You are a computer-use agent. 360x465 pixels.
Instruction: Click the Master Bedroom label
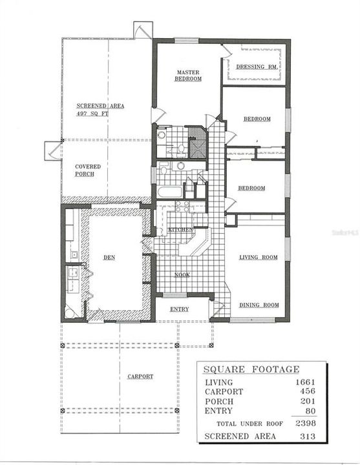point(188,76)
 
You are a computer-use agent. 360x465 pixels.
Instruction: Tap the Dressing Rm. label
point(257,67)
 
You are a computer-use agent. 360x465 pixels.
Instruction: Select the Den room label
point(109,256)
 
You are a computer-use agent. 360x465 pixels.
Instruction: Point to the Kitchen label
point(180,230)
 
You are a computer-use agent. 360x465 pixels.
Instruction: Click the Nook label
point(182,274)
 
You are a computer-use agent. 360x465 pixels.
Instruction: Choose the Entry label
point(179,309)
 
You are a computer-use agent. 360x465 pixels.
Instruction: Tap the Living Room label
point(259,257)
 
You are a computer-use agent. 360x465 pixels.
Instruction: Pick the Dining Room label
point(259,305)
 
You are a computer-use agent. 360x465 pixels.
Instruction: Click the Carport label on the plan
point(140,376)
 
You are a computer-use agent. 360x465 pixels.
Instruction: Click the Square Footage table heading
point(251,369)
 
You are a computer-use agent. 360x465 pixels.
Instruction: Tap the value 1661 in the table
point(302,382)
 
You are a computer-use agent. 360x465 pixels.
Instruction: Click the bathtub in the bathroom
point(169,192)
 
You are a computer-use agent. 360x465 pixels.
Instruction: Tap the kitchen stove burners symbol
point(182,207)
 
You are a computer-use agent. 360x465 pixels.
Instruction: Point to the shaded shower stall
point(197,143)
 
